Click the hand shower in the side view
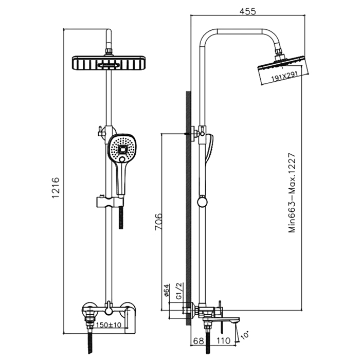click(x=210, y=149)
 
